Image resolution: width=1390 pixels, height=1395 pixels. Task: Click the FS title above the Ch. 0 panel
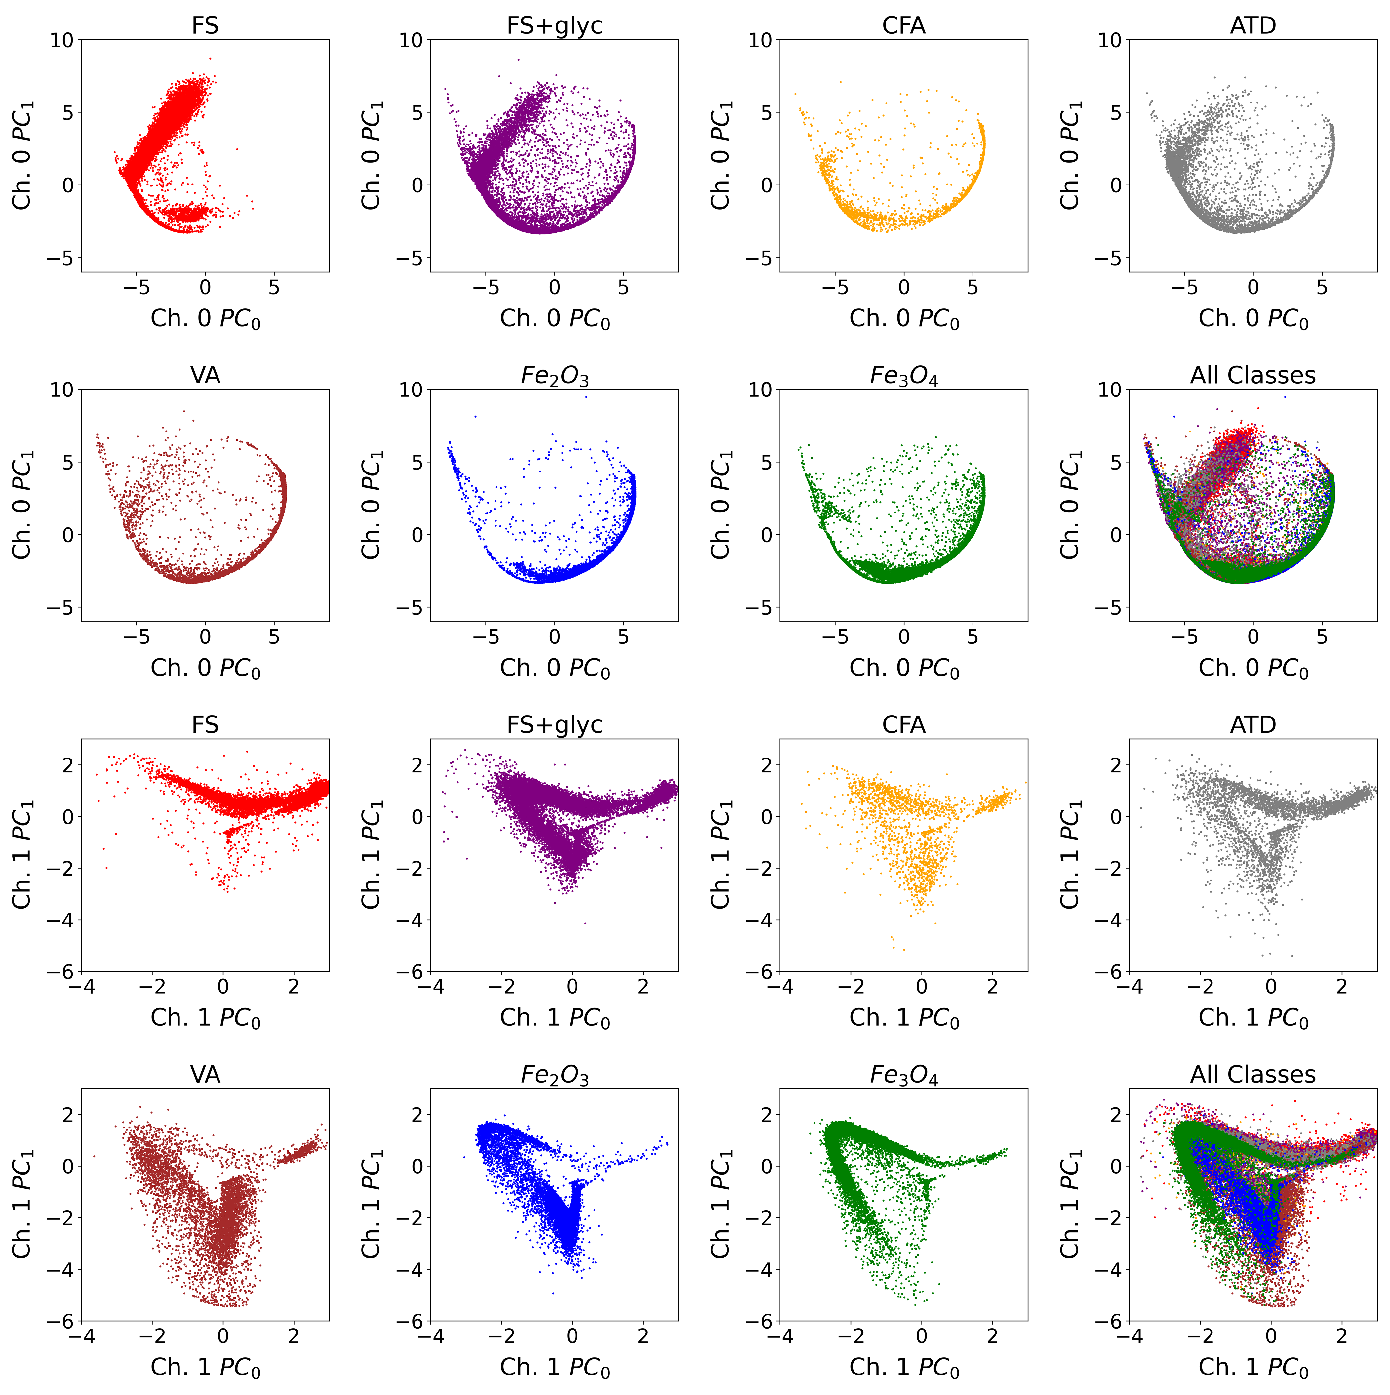[205, 26]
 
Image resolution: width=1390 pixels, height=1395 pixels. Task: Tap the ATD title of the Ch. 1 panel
[1253, 725]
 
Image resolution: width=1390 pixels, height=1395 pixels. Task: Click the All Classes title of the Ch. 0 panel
[1253, 376]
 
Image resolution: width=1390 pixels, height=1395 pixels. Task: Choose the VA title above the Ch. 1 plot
[205, 1074]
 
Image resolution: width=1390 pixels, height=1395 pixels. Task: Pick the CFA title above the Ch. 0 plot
[903, 26]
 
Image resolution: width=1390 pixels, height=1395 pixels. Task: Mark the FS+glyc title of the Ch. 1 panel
[554, 725]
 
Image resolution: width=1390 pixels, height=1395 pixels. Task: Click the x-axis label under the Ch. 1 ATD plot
[1253, 1018]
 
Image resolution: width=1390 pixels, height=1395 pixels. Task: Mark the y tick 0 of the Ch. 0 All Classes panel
[1116, 535]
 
